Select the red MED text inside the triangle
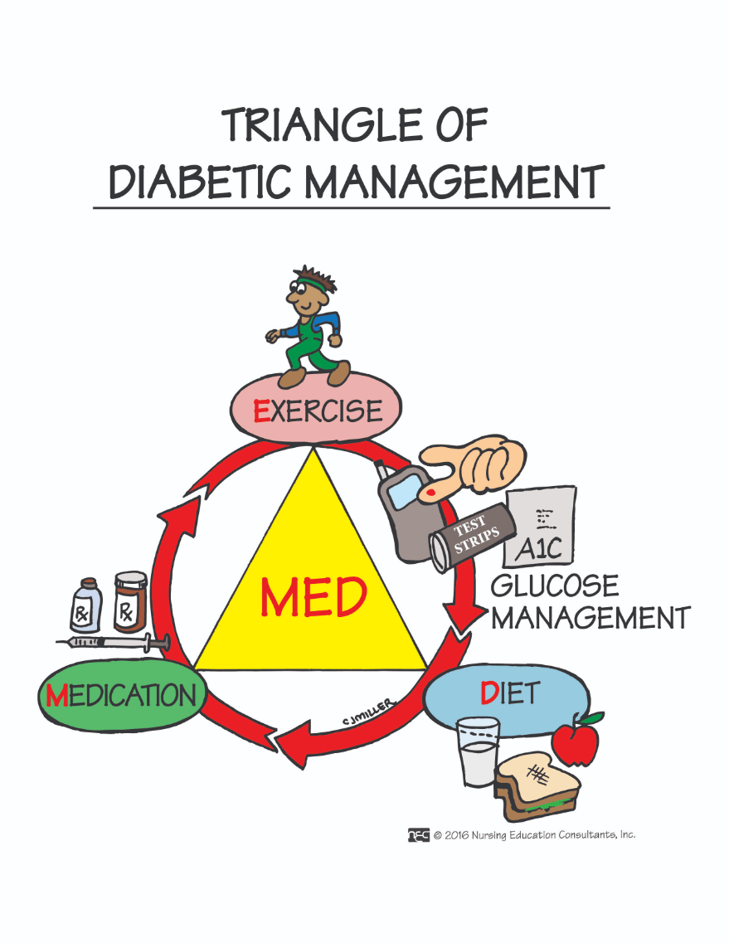click(x=313, y=597)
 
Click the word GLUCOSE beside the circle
click(x=554, y=586)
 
